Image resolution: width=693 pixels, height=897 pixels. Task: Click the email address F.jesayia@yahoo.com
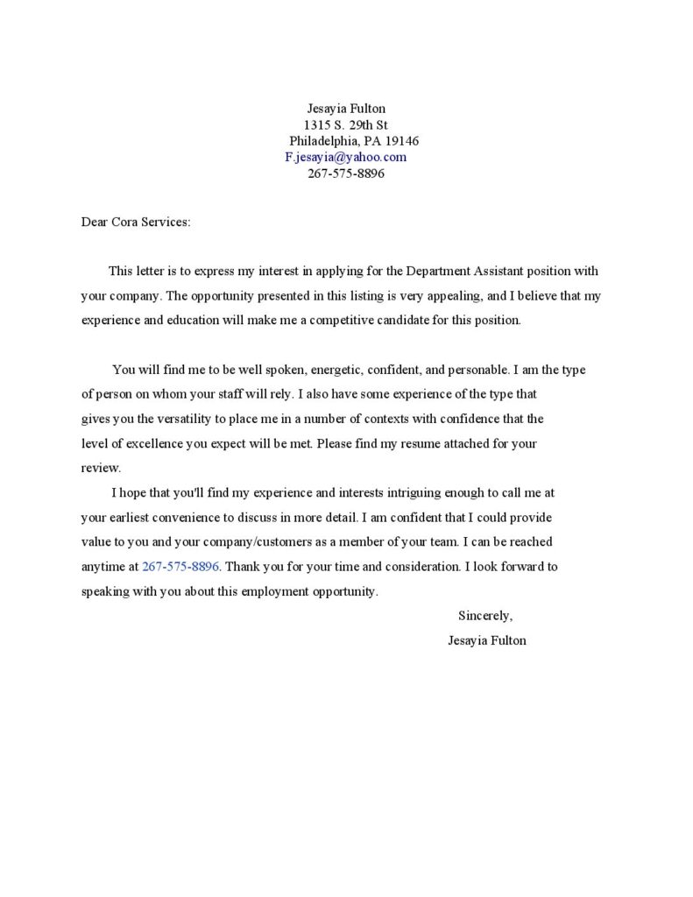click(345, 157)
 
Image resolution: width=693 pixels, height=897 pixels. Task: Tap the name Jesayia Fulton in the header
click(345, 109)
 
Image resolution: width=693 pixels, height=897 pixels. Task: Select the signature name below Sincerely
click(486, 640)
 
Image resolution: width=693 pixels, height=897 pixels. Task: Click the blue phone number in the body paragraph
click(180, 566)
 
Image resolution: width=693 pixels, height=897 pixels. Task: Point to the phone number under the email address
click(345, 173)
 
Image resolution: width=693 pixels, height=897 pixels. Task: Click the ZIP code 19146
click(401, 141)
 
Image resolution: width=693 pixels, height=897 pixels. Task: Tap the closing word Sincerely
click(484, 615)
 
